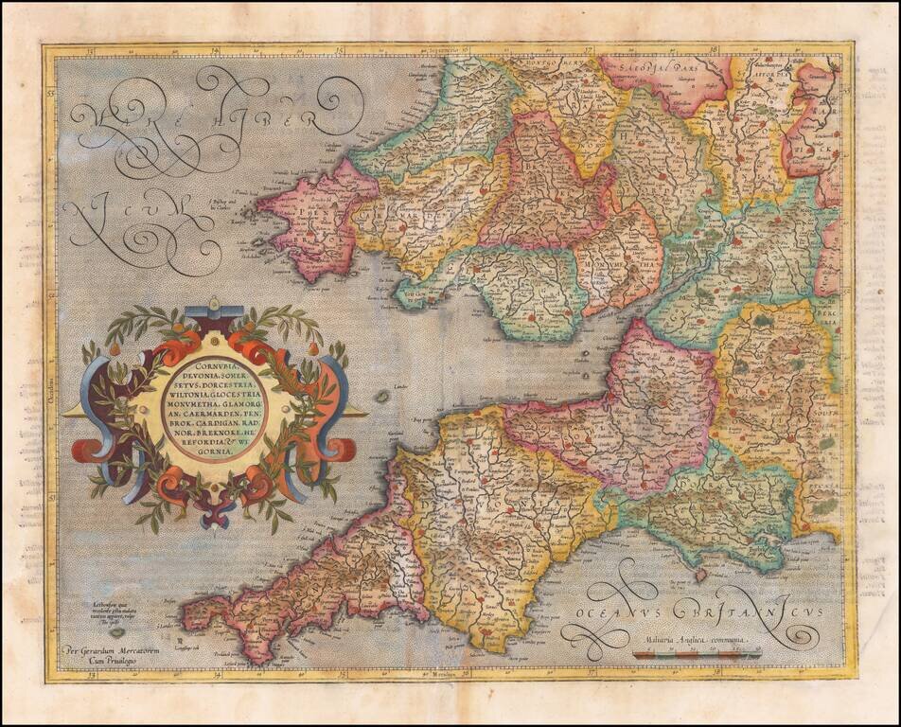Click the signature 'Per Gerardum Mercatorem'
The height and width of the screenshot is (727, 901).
click(x=105, y=650)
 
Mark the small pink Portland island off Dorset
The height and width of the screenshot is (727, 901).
click(x=700, y=575)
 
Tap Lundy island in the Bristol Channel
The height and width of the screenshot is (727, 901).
click(x=380, y=396)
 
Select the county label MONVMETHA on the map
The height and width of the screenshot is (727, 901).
click(x=619, y=256)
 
